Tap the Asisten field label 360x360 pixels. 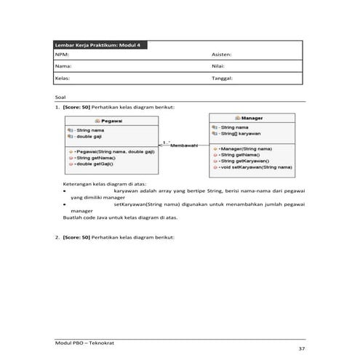tap(221, 55)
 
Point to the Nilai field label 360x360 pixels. tap(219, 65)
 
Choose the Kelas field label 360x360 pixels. tap(63, 76)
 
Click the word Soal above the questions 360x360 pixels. tap(60, 97)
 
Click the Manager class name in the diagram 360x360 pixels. tap(251, 118)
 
